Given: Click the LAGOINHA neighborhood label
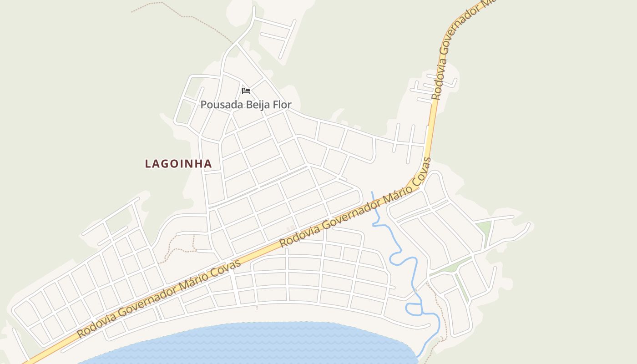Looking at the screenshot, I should [x=178, y=164].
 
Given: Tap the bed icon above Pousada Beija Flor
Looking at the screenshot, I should [x=246, y=91].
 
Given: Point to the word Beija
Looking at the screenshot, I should [x=259, y=105].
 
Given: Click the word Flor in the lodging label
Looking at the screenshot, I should [x=283, y=105].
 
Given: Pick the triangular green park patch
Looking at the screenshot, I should [x=483, y=229].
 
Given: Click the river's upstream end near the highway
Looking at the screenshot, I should [x=372, y=193].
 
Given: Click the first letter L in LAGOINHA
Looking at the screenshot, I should [x=148, y=164].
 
